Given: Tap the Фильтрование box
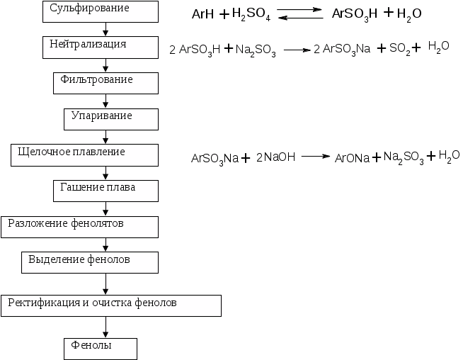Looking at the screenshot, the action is click(103, 82).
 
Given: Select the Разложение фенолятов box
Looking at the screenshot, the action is click(79, 227).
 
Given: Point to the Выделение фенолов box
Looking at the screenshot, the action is click(91, 262).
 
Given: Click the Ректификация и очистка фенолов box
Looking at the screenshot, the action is click(111, 305).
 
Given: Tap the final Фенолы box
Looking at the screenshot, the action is click(99, 348).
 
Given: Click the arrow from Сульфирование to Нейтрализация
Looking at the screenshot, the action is click(105, 28).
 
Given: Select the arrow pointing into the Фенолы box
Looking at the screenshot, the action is click(105, 327).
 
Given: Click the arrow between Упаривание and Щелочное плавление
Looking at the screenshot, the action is click(105, 137).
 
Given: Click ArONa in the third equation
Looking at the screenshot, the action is click(353, 158).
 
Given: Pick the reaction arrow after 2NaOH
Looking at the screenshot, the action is click(316, 157).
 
